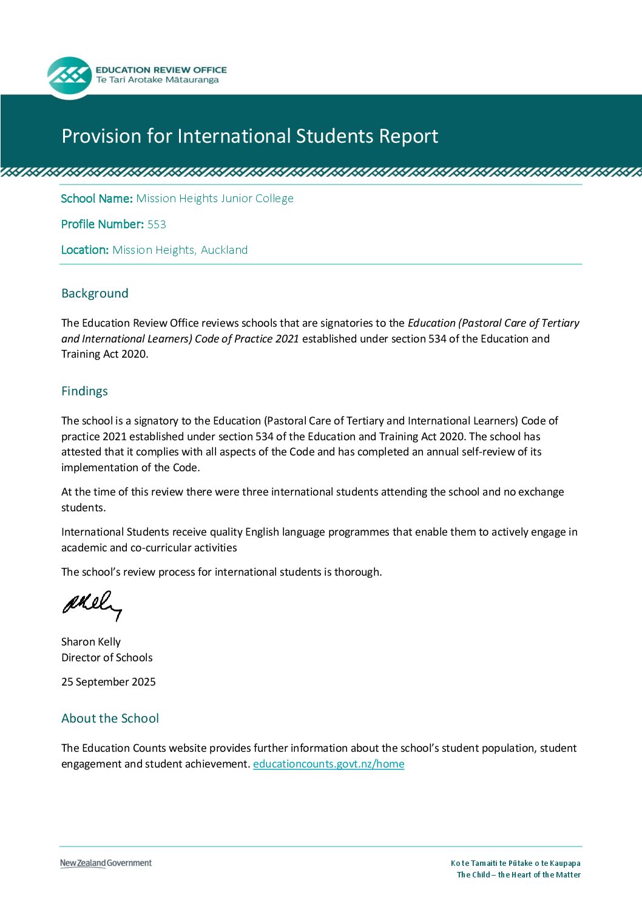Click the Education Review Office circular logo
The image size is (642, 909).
(69, 77)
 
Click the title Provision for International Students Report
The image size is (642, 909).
(249, 136)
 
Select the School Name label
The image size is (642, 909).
(96, 199)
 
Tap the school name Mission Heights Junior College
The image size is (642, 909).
(215, 199)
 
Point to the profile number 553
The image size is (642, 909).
(157, 225)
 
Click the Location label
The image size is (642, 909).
(85, 250)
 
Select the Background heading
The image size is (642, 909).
(95, 293)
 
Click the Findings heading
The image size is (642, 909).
(84, 391)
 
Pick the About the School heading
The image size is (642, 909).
(110, 718)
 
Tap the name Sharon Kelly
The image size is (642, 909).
(91, 642)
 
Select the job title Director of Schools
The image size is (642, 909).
(107, 658)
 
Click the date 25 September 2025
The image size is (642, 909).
(109, 682)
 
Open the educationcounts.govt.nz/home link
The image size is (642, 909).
(328, 764)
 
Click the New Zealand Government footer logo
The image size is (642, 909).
(106, 863)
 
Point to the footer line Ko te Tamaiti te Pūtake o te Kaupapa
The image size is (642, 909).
(515, 863)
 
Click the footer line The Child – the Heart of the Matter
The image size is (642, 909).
(518, 875)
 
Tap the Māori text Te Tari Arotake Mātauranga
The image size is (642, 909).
(157, 80)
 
